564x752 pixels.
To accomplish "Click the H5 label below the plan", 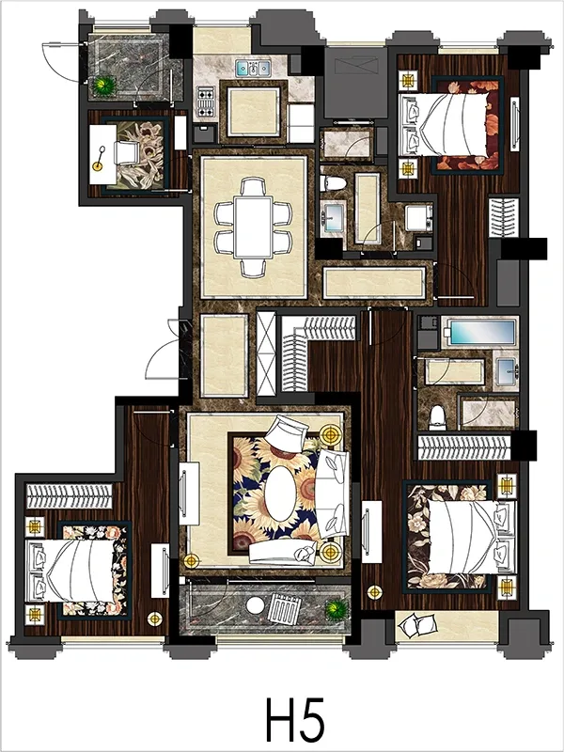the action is (295, 720).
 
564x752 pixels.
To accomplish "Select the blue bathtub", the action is (481, 332).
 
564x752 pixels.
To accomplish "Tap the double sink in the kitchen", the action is (253, 68).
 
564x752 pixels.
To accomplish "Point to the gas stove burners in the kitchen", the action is (205, 102).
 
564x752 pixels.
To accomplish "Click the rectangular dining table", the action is (253, 227).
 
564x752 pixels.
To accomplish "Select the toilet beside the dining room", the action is (333, 182).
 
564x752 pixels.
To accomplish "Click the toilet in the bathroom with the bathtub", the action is (437, 417).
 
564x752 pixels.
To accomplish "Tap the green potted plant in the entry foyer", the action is (104, 86).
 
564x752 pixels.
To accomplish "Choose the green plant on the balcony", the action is (337, 610).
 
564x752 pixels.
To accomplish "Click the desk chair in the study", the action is (127, 153).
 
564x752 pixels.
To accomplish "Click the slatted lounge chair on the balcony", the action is (284, 608).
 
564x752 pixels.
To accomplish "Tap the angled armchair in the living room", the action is (287, 432).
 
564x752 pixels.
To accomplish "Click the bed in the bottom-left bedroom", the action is (72, 571).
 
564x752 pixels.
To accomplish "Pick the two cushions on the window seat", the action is (417, 626).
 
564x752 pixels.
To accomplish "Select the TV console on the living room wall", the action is (189, 493).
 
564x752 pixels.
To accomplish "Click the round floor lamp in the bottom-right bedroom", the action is (374, 592).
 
